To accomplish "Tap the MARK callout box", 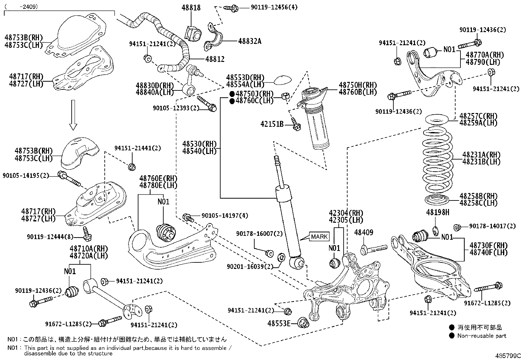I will [319, 237].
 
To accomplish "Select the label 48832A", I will [249, 41].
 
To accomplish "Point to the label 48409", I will [364, 232].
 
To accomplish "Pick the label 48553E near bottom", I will [278, 323].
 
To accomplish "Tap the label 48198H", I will [438, 213].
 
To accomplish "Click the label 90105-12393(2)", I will [176, 108].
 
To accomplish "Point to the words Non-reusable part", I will [482, 335].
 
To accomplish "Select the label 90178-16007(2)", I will [260, 234].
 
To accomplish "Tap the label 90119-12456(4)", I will [274, 7].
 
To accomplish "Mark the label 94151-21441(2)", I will [137, 148].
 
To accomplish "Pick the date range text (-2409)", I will [23, 6].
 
